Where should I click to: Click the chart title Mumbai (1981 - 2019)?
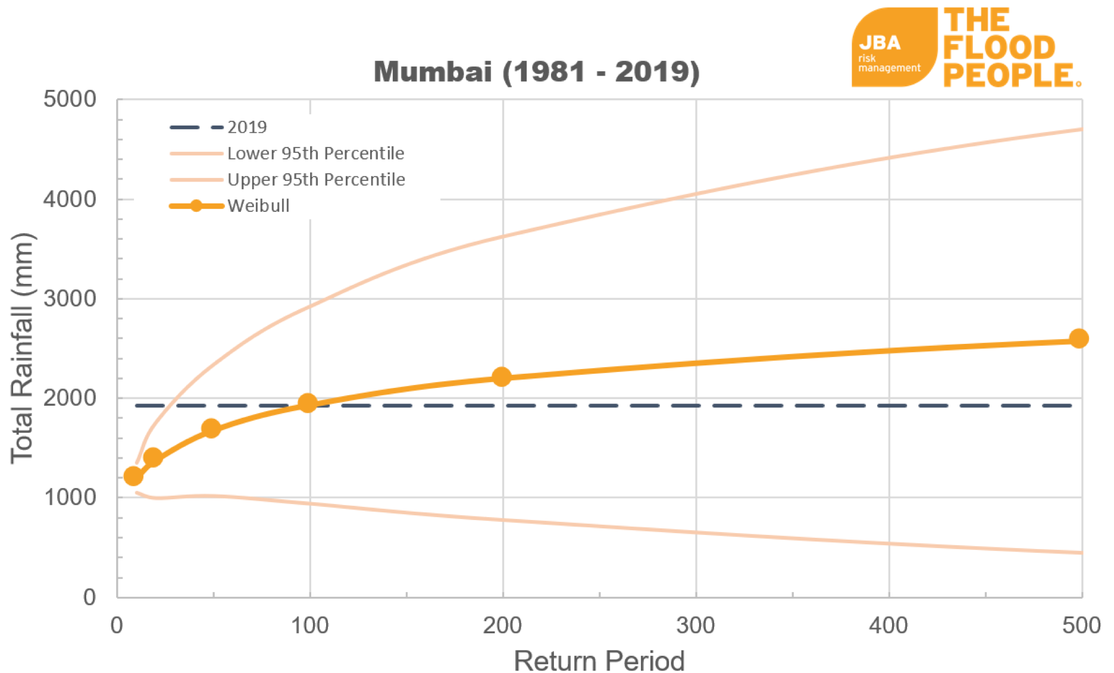coord(536,72)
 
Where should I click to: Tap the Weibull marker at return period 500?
coord(1078,339)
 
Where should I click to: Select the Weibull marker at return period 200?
coord(502,377)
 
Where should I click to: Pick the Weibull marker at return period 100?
coord(308,403)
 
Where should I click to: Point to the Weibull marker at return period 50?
coord(211,428)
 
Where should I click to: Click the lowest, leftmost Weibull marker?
coord(133,476)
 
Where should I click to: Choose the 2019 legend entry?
coord(247,127)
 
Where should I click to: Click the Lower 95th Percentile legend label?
coord(315,154)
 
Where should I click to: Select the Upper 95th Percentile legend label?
coord(316,180)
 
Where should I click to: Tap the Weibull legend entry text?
coord(258,206)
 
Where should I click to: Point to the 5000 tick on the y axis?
coord(70,99)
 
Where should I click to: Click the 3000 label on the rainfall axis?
coord(70,299)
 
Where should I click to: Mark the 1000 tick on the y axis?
coord(70,497)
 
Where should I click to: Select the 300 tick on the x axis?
coord(696,625)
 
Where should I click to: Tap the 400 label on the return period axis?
coord(888,625)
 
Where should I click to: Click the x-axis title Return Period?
coord(599,661)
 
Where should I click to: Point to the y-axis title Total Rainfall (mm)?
coord(23,348)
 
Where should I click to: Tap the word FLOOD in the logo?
coord(999,48)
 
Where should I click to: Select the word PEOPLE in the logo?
coord(1009,76)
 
